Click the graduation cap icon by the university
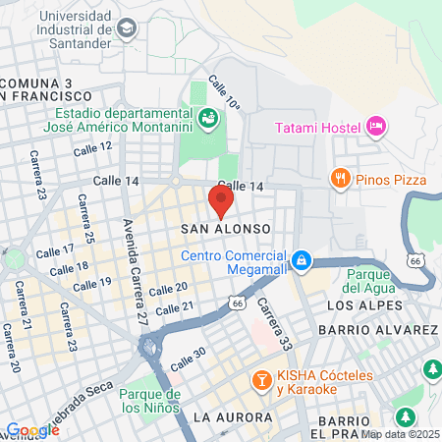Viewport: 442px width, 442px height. click(x=127, y=29)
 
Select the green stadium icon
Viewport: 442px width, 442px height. click(x=208, y=119)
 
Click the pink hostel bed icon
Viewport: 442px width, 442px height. click(x=375, y=126)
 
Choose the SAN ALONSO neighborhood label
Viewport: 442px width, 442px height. click(x=226, y=228)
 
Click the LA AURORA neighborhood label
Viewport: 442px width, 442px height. click(x=233, y=417)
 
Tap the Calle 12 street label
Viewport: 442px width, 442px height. click(x=92, y=146)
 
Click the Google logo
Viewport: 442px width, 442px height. click(x=31, y=430)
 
